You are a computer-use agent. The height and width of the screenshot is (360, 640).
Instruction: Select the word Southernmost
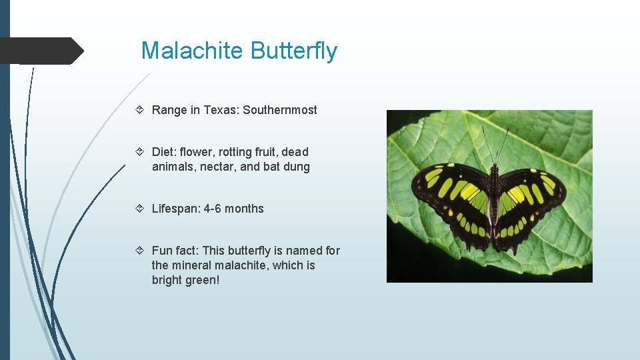pyautogui.click(x=280, y=110)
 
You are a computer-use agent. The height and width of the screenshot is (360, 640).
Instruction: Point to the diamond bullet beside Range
pyautogui.click(x=143, y=110)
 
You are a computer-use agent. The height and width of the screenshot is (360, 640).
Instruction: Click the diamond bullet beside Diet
pyautogui.click(x=143, y=152)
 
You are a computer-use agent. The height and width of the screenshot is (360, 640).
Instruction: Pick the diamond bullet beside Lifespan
pyautogui.click(x=143, y=209)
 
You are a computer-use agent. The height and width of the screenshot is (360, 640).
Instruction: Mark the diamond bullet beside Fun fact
pyautogui.click(x=143, y=251)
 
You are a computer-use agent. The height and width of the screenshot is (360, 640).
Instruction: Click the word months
pyautogui.click(x=244, y=209)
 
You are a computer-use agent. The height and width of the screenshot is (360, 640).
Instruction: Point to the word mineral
pyautogui.click(x=192, y=265)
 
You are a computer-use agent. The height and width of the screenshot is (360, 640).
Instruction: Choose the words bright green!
pyautogui.click(x=185, y=280)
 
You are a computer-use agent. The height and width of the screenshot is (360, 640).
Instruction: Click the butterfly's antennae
pyautogui.click(x=495, y=143)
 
